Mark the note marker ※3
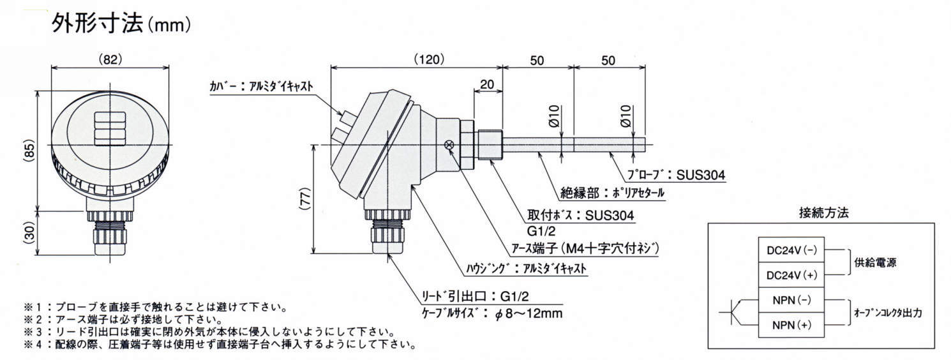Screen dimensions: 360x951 pos(32,332)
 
